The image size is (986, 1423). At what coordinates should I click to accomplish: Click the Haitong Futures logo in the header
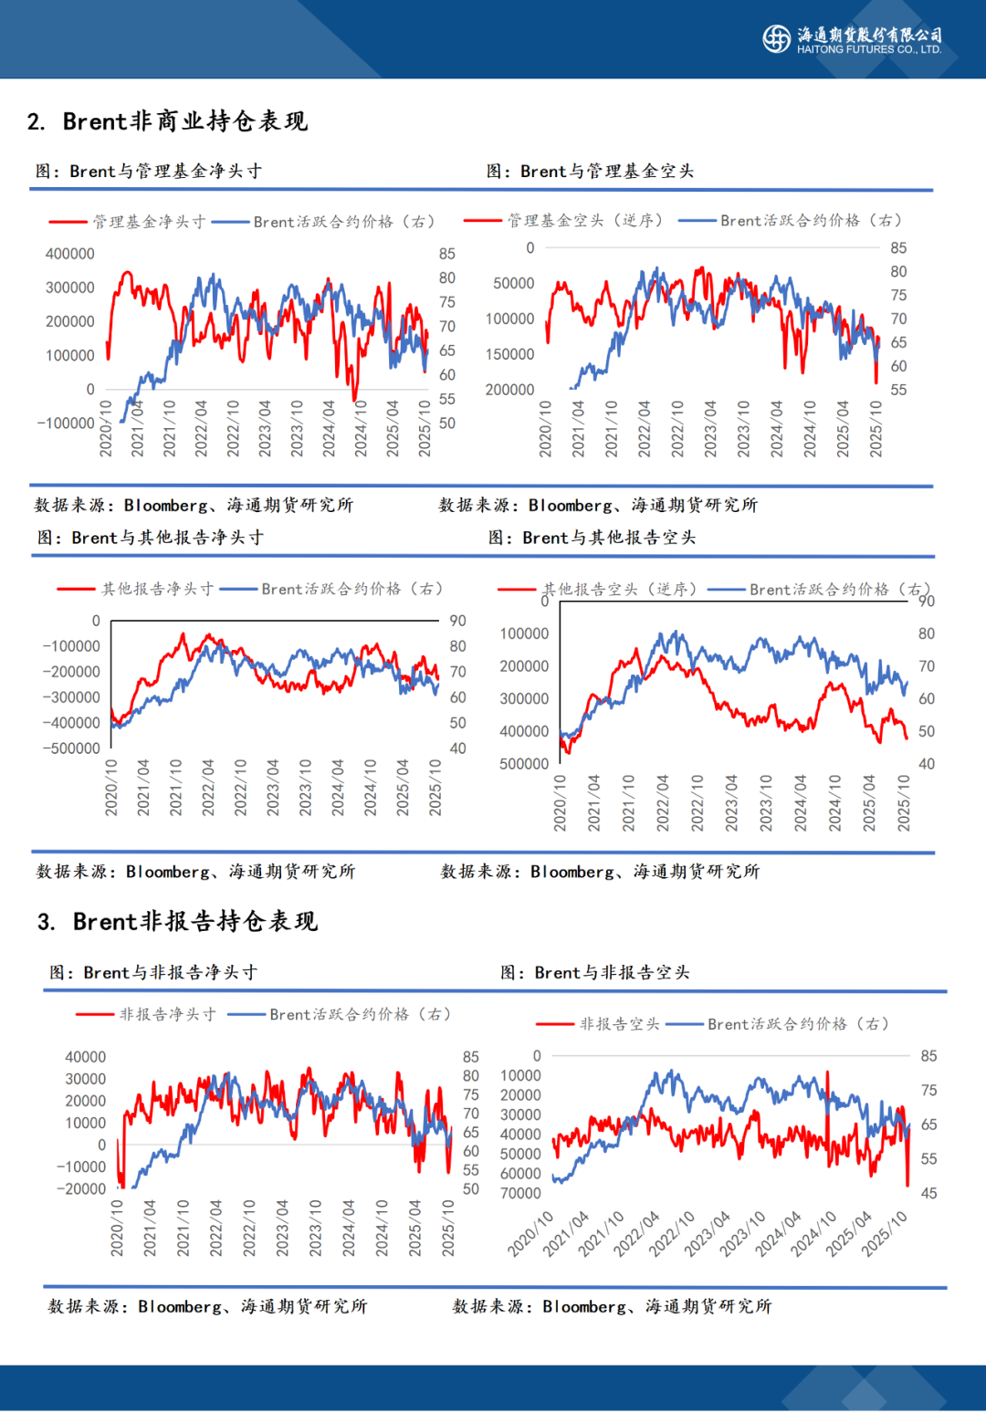(776, 38)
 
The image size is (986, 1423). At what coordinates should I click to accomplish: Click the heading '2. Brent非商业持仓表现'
(167, 121)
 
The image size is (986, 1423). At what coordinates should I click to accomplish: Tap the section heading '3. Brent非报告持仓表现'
(177, 922)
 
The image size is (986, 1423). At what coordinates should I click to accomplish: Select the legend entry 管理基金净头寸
(128, 222)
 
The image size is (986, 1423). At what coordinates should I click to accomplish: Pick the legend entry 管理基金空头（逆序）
(563, 221)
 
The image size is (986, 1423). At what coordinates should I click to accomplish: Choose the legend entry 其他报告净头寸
(136, 590)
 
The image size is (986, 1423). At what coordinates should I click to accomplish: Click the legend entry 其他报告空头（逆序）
(599, 590)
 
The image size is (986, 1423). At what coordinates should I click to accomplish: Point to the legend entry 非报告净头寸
(146, 1014)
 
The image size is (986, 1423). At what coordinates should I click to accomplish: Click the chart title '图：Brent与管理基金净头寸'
(149, 172)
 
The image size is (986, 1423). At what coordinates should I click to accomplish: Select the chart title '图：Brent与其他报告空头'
(592, 539)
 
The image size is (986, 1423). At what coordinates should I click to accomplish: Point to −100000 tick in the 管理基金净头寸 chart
(66, 424)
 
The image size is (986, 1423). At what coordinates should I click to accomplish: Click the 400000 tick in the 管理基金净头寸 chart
(70, 254)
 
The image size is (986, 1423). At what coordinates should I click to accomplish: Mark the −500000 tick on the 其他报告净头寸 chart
(71, 748)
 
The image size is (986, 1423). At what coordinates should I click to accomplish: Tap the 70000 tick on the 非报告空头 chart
(520, 1194)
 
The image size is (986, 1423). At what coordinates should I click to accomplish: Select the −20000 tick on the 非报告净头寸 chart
(81, 1189)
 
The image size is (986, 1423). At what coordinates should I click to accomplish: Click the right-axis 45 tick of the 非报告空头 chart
(928, 1194)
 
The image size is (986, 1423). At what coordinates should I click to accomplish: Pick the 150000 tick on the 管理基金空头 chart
(510, 354)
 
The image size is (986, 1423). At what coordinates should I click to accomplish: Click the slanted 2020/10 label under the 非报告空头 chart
(531, 1234)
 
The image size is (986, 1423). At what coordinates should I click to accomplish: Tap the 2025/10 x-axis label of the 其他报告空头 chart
(903, 803)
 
